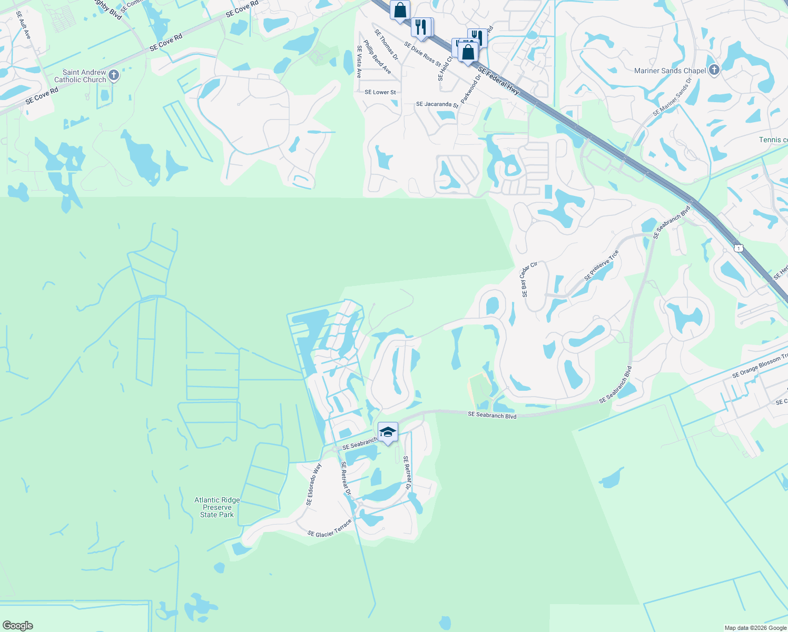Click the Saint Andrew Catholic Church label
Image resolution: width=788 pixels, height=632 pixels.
(x=80, y=76)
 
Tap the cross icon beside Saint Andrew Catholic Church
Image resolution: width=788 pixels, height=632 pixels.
(x=114, y=76)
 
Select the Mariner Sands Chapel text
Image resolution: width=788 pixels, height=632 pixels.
(x=670, y=71)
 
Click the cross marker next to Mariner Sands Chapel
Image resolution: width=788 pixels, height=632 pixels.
(x=714, y=70)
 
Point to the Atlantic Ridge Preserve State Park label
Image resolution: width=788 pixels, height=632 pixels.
(x=217, y=507)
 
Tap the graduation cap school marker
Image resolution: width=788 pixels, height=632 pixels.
(x=388, y=432)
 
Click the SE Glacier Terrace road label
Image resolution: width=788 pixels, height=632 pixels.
(x=329, y=528)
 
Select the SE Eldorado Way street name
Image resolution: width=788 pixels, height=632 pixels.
(x=313, y=484)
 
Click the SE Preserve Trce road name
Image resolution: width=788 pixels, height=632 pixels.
(x=601, y=266)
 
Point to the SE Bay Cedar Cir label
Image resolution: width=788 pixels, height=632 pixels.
(x=529, y=279)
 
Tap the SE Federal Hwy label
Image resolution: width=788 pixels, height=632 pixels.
(x=498, y=81)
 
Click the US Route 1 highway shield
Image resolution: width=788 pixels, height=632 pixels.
(x=739, y=248)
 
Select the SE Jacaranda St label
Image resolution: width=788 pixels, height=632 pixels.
(x=437, y=104)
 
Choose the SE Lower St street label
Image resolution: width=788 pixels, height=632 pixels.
(x=380, y=92)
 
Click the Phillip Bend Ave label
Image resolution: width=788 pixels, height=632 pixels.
(x=377, y=57)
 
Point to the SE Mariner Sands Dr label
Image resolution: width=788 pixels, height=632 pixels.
(x=672, y=98)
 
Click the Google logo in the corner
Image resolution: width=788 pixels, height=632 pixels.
(x=17, y=626)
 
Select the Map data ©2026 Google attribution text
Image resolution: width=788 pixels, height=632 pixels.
(x=755, y=628)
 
